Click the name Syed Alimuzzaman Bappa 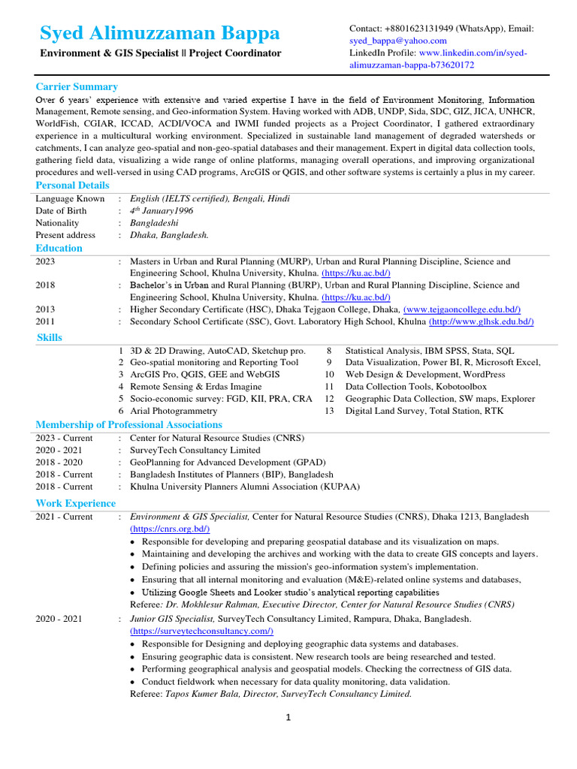[x=159, y=33]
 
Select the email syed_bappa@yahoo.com [x=397, y=41]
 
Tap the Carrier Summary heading [x=77, y=86]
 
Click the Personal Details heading [x=72, y=185]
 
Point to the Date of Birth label [x=61, y=211]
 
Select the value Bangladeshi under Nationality [x=154, y=223]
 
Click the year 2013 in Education [x=45, y=309]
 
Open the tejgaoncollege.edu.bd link [x=461, y=309]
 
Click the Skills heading [x=50, y=337]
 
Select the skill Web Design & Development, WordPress [x=415, y=374]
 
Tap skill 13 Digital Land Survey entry [x=424, y=411]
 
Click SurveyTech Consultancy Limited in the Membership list [x=195, y=451]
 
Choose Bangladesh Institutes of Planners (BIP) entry [x=231, y=475]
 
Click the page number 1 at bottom [x=287, y=718]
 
